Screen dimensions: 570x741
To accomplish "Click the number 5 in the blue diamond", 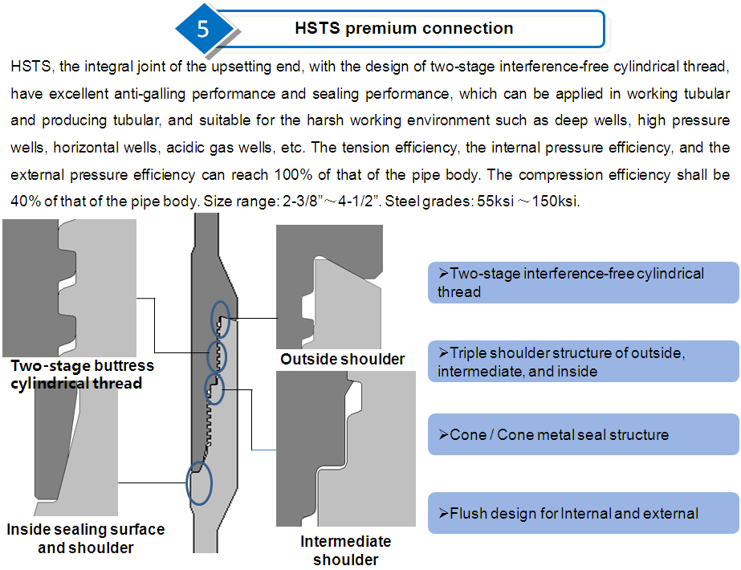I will click(203, 29).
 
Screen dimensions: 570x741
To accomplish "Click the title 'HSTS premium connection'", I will click(404, 28).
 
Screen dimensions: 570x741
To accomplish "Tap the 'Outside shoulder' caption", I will click(342, 359).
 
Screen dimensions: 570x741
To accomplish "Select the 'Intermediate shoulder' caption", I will click(345, 550).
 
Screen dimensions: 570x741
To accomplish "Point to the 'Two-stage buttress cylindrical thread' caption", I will click(82, 374).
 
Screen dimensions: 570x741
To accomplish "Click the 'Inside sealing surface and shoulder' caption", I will click(85, 538).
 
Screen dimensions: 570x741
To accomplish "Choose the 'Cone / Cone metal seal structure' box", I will click(583, 434).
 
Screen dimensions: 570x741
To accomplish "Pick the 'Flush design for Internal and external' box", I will click(583, 513).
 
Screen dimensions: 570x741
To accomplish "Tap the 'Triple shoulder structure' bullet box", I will click(583, 362).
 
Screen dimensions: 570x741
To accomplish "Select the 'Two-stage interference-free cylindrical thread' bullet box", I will click(583, 283).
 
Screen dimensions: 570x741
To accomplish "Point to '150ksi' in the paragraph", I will click(552, 201).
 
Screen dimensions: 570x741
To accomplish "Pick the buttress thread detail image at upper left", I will click(69, 287).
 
